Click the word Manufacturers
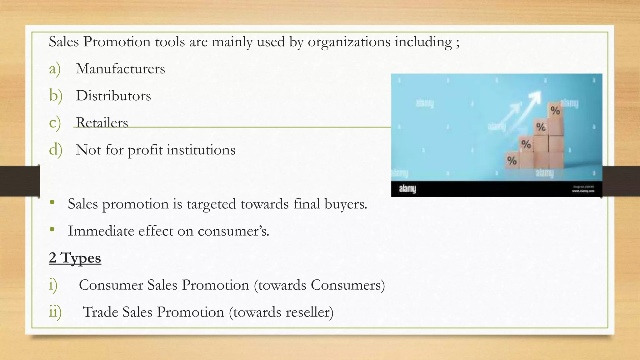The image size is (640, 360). click(120, 69)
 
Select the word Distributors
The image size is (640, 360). click(113, 96)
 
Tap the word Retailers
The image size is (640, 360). click(102, 122)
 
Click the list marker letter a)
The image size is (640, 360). click(55, 69)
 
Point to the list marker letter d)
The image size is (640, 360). click(56, 150)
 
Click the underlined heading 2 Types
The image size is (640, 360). click(75, 258)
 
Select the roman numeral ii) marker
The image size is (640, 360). click(55, 312)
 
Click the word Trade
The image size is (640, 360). click(100, 312)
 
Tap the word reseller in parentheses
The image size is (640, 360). click(307, 312)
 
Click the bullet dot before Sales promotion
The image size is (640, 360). click(52, 202)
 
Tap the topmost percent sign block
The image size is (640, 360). click(555, 110)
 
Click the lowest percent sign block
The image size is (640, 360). click(512, 161)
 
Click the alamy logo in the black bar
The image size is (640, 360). click(407, 189)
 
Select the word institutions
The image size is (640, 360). click(201, 150)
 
